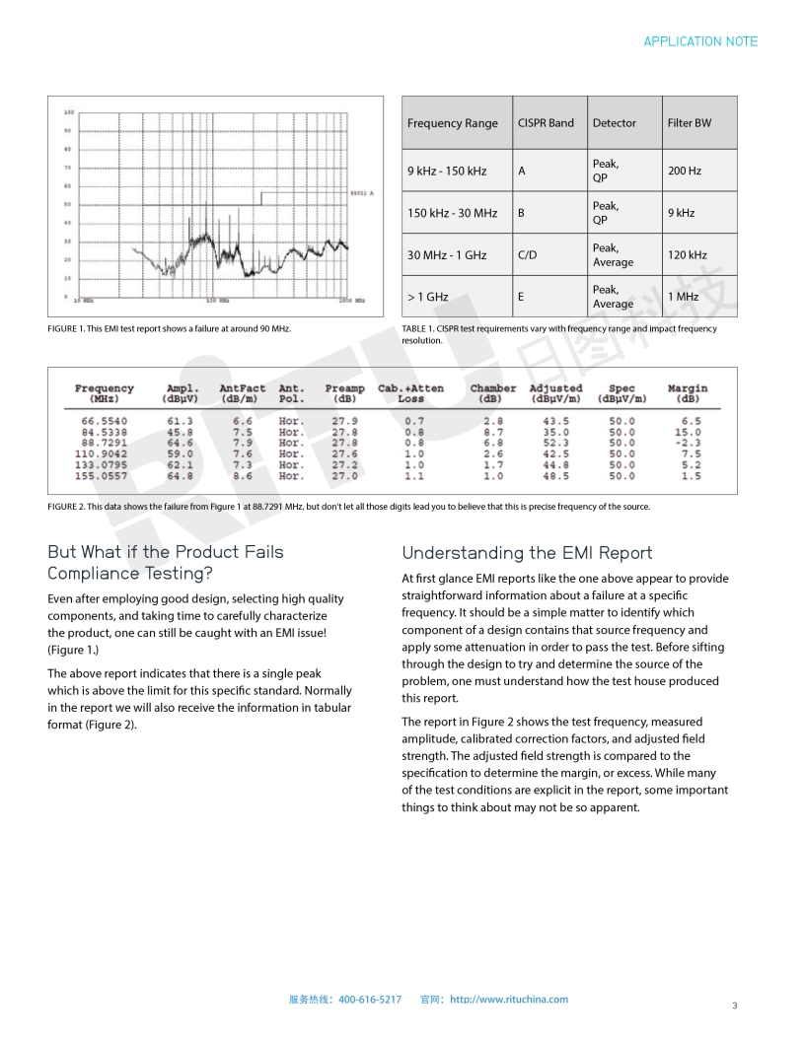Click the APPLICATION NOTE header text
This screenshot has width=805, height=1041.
(x=700, y=41)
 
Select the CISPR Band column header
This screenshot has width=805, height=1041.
(x=546, y=123)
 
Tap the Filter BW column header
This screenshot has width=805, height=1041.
(x=689, y=123)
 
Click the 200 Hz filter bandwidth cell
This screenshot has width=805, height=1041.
(x=684, y=171)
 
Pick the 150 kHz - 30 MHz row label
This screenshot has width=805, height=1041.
(x=452, y=213)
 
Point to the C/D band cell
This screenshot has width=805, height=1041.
(x=528, y=255)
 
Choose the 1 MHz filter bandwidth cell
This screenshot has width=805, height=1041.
(x=683, y=297)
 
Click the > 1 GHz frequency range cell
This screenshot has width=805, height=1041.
(x=427, y=297)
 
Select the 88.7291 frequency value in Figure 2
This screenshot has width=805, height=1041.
(x=104, y=443)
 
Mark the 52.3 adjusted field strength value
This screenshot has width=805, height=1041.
(x=555, y=443)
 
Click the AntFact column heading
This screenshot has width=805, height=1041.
(x=242, y=388)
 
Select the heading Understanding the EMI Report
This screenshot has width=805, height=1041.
(x=527, y=553)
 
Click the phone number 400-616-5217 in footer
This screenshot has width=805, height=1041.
(x=370, y=1000)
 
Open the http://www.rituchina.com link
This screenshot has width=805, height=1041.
(x=509, y=1000)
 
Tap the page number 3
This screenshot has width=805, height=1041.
(x=734, y=1006)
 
